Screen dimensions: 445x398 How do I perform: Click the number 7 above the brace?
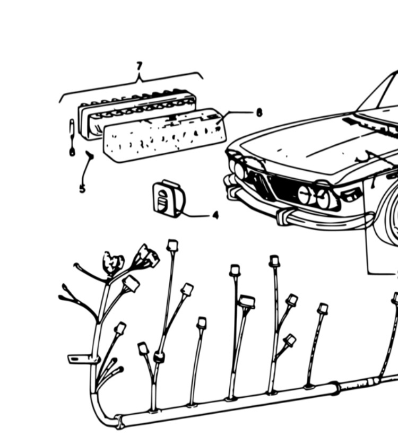tap(139, 66)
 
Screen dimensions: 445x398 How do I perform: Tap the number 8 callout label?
tap(259, 112)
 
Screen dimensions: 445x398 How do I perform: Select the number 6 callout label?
tap(72, 152)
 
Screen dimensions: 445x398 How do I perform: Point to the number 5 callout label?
tap(82, 188)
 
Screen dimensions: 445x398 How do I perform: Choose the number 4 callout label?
tap(215, 215)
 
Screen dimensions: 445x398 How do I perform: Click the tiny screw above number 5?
tap(89, 155)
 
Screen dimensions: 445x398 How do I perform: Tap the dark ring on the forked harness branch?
tap(158, 357)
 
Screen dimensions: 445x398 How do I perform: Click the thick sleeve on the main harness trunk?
tap(334, 389)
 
